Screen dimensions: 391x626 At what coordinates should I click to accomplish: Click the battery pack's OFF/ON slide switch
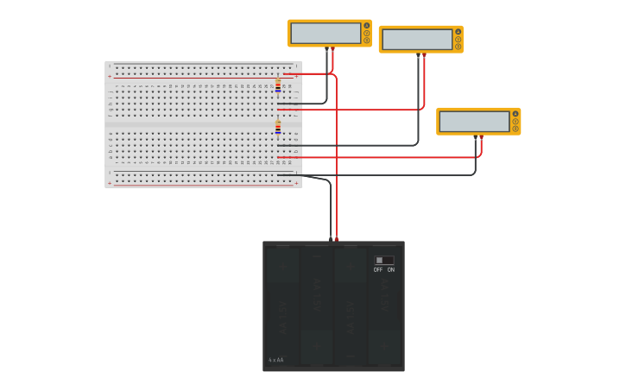point(384,260)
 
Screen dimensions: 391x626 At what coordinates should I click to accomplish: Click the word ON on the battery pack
point(390,270)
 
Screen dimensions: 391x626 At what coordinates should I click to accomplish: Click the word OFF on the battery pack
point(378,270)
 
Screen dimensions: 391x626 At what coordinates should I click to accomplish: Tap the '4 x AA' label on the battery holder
point(275,360)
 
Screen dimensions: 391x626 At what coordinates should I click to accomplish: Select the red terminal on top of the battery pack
point(337,238)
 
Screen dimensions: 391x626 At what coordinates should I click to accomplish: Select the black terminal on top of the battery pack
point(330,238)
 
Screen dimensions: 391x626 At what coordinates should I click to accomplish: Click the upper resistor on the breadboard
point(278,85)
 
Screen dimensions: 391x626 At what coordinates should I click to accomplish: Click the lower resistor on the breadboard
point(278,127)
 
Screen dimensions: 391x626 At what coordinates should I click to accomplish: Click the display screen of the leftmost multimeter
point(326,33)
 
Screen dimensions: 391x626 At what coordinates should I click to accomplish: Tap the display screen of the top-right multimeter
point(417,39)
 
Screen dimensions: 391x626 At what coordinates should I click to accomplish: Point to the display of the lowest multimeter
point(474,122)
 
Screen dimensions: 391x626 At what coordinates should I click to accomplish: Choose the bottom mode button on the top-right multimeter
point(458,47)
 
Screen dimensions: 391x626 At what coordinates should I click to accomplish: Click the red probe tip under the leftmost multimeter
point(333,49)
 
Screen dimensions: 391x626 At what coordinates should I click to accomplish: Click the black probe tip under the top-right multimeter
point(418,55)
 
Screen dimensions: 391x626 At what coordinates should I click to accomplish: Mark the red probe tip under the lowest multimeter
point(481,137)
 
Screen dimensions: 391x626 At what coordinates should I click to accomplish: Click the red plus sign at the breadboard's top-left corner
point(110,77)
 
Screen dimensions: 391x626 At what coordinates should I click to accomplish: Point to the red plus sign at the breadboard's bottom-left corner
point(110,183)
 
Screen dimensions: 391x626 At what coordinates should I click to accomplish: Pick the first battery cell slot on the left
point(282,306)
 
